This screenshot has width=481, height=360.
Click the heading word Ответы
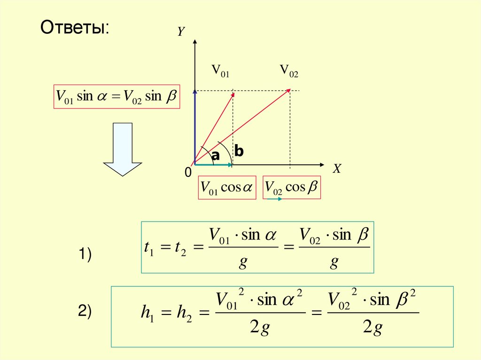pos(75,27)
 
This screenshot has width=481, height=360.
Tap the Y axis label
pos(181,32)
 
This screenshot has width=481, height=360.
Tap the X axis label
pos(336,170)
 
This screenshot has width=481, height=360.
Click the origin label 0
pos(188,173)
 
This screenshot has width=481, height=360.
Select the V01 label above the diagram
pos(220,71)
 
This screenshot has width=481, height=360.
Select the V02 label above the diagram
pos(289,71)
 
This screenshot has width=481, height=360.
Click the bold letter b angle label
pos(239,152)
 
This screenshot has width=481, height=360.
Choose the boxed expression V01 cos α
pos(227,188)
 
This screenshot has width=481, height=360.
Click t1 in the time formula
pos(151,248)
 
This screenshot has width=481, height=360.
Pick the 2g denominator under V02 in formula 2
pos(373,329)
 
